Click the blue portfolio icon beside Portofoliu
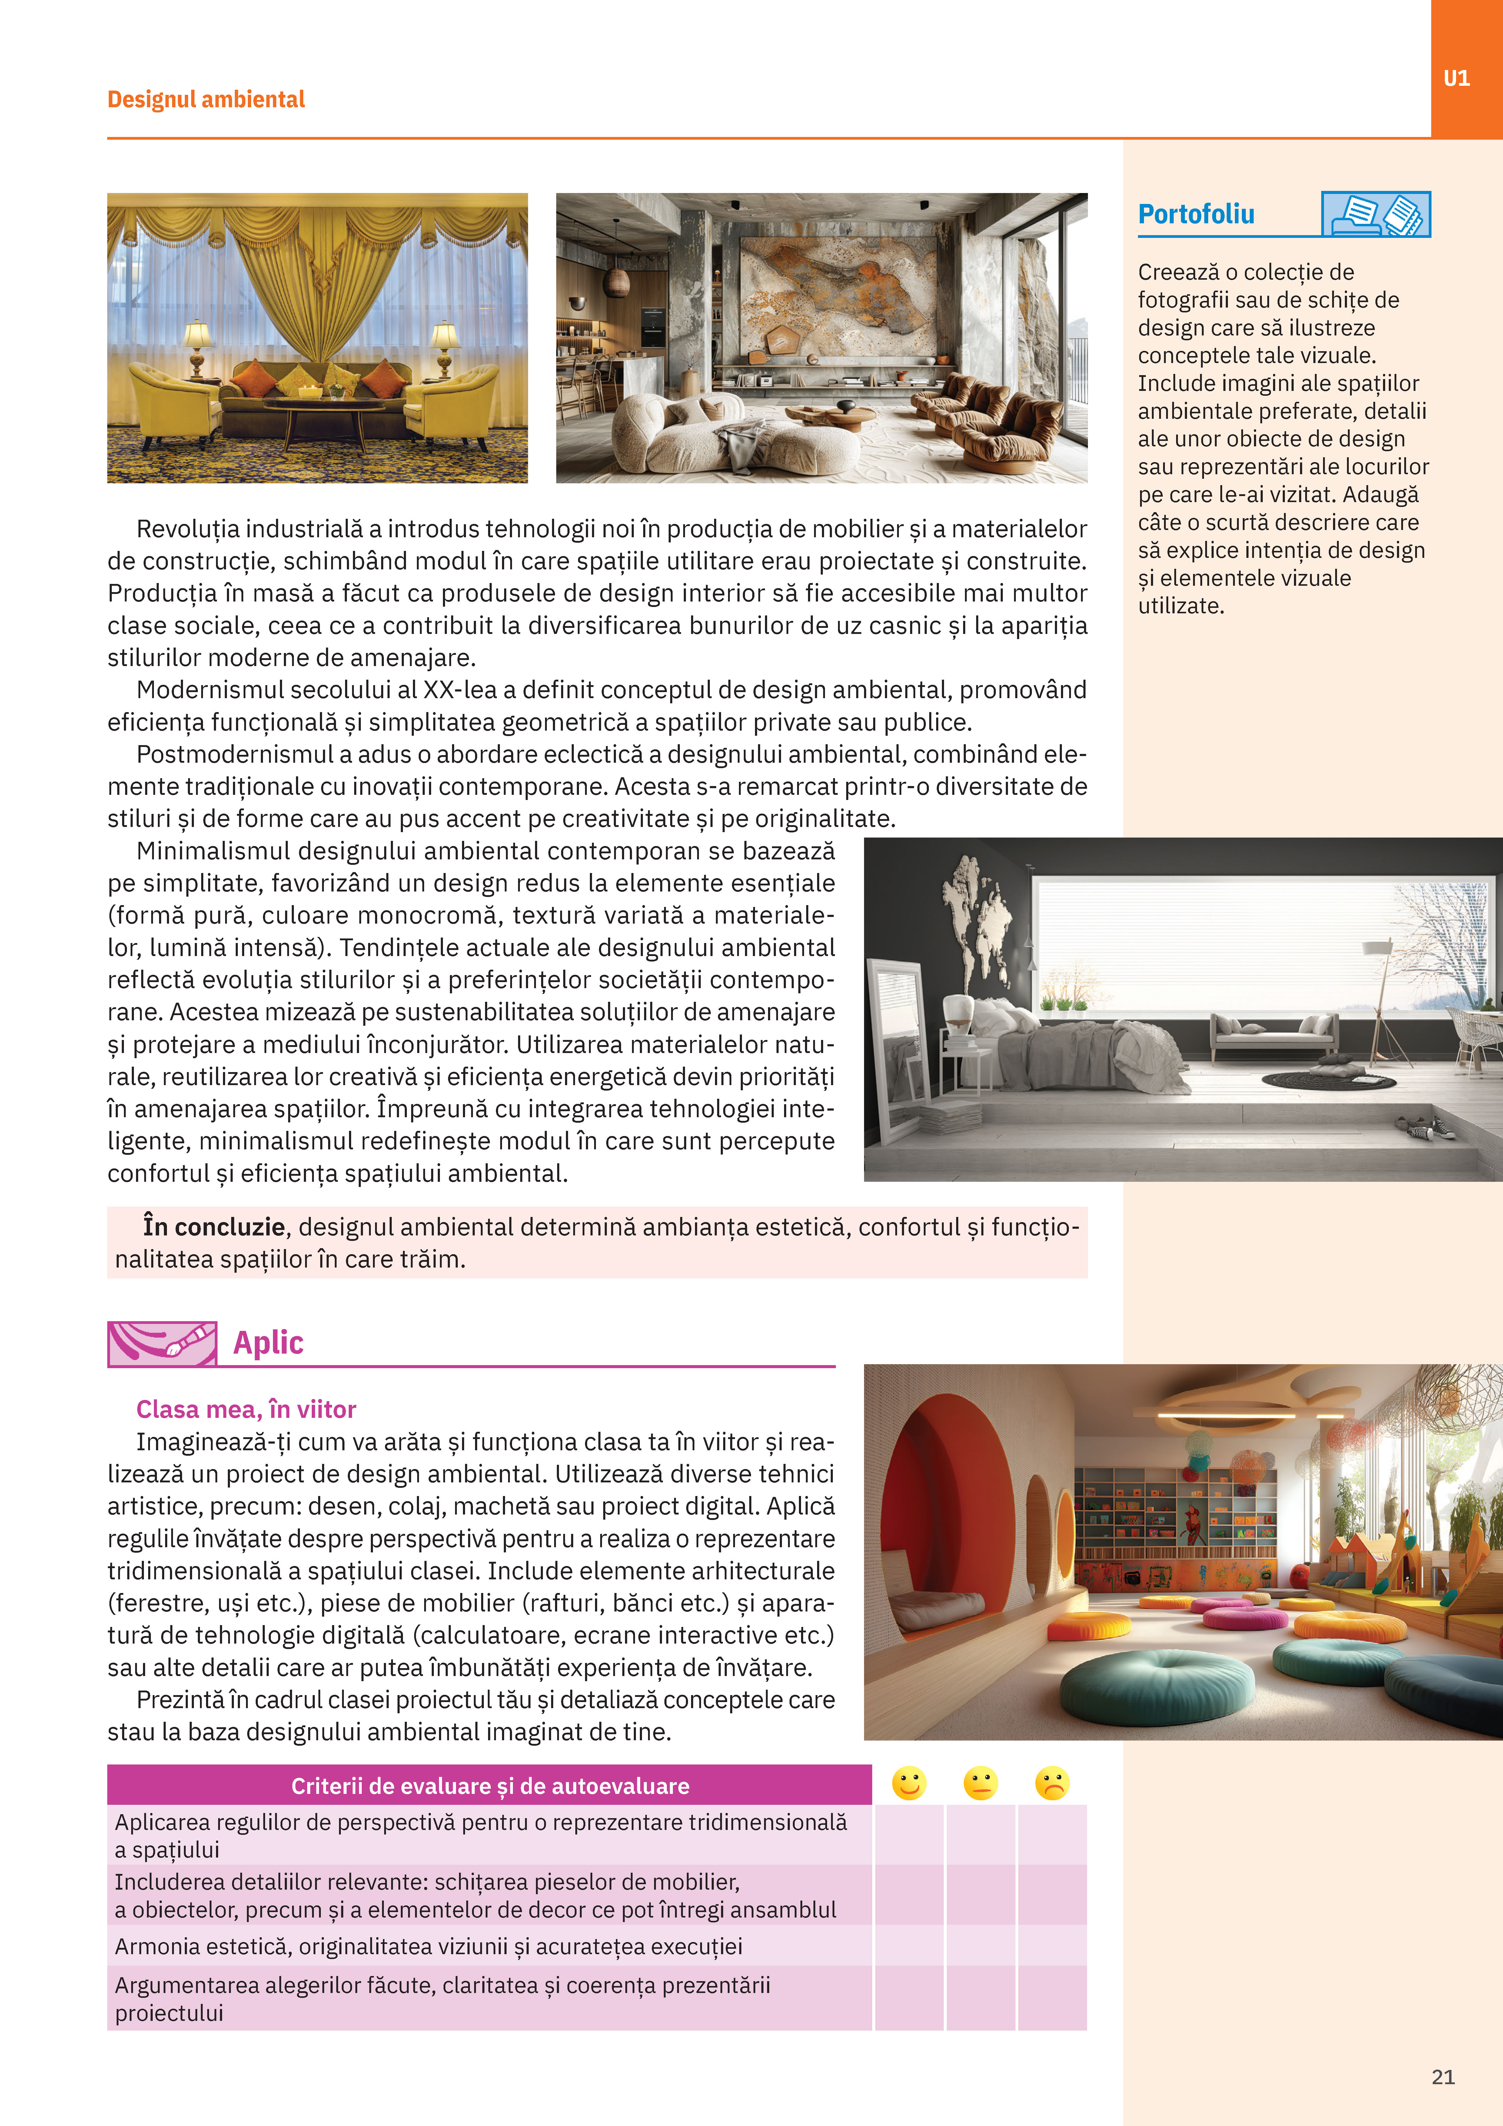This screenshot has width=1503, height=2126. (x=1375, y=215)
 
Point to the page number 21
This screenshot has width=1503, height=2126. (x=1443, y=2077)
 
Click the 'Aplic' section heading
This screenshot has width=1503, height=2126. (x=268, y=1343)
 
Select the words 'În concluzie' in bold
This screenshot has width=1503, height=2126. (x=214, y=1227)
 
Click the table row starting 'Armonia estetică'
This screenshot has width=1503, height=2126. (x=428, y=1946)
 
